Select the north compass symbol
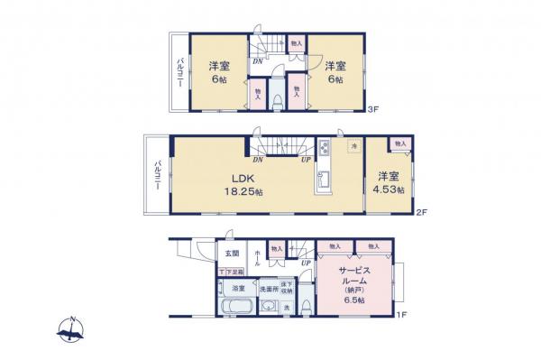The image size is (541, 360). click(70, 332)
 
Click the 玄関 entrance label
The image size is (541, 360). click(233, 254)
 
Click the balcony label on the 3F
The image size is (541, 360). click(178, 70)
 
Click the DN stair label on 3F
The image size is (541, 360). click(257, 61)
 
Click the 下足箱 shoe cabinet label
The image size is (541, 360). click(232, 272)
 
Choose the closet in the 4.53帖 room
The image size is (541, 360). click(400, 144)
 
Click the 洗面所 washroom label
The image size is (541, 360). click(268, 289)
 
